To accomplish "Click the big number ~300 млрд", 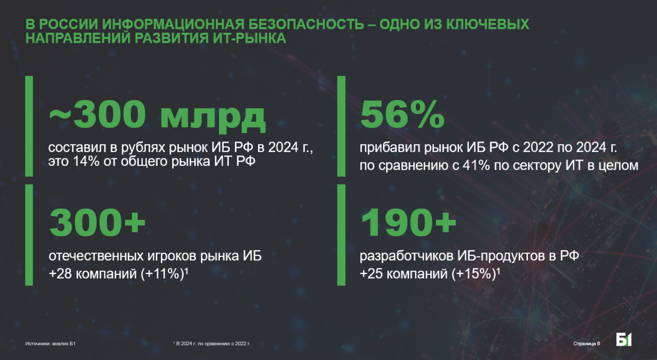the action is [x=157, y=115].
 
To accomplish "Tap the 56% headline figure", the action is [x=402, y=114].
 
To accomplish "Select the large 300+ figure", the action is [x=98, y=222].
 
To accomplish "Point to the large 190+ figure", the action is [x=408, y=222].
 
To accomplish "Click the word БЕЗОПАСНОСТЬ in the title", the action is [x=306, y=24].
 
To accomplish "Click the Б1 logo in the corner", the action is [x=624, y=339].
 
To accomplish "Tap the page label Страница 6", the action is [x=587, y=344].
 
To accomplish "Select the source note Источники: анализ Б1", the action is [x=50, y=344].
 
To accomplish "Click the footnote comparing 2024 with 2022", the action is [x=212, y=344].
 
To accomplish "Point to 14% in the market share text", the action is [x=86, y=161].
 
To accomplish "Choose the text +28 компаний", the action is [x=93, y=273].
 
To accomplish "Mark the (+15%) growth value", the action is [x=474, y=273].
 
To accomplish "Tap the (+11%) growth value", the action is [x=162, y=273].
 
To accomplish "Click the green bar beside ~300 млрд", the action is [x=29, y=126].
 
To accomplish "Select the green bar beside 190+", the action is [x=341, y=235].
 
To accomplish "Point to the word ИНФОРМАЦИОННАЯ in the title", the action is [x=173, y=24].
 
